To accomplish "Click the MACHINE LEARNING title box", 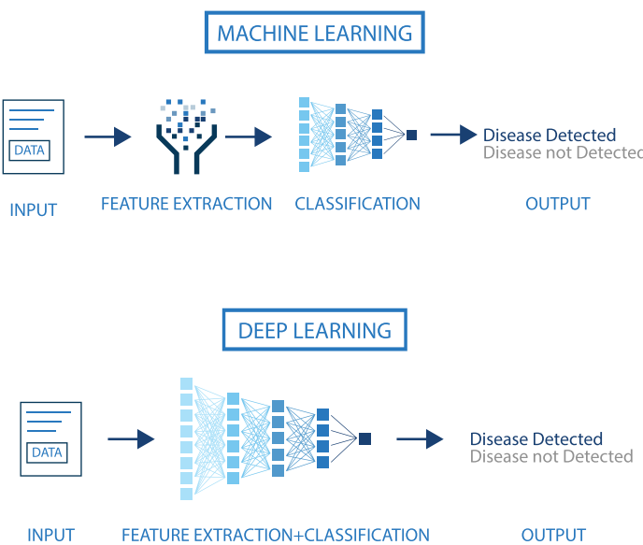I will click(314, 34).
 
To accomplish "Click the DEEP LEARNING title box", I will click(314, 331).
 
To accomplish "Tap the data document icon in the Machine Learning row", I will click(34, 136).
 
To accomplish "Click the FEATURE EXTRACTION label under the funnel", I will click(186, 204).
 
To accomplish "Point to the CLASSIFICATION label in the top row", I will click(357, 204).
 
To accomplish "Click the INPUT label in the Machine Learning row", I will click(34, 210).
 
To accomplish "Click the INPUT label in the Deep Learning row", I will click(50, 536).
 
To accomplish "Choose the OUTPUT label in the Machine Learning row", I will click(558, 204).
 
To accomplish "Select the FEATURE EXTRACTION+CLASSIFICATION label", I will click(276, 536).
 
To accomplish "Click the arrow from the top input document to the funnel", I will click(107, 137).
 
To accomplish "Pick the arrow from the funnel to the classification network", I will click(248, 137).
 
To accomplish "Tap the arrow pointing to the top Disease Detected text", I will click(453, 136).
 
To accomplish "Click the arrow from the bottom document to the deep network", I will click(131, 438).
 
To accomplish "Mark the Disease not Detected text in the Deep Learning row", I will click(551, 457).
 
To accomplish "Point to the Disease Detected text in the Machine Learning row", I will click(550, 136).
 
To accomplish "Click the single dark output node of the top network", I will click(411, 136).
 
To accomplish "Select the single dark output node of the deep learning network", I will click(365, 438).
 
